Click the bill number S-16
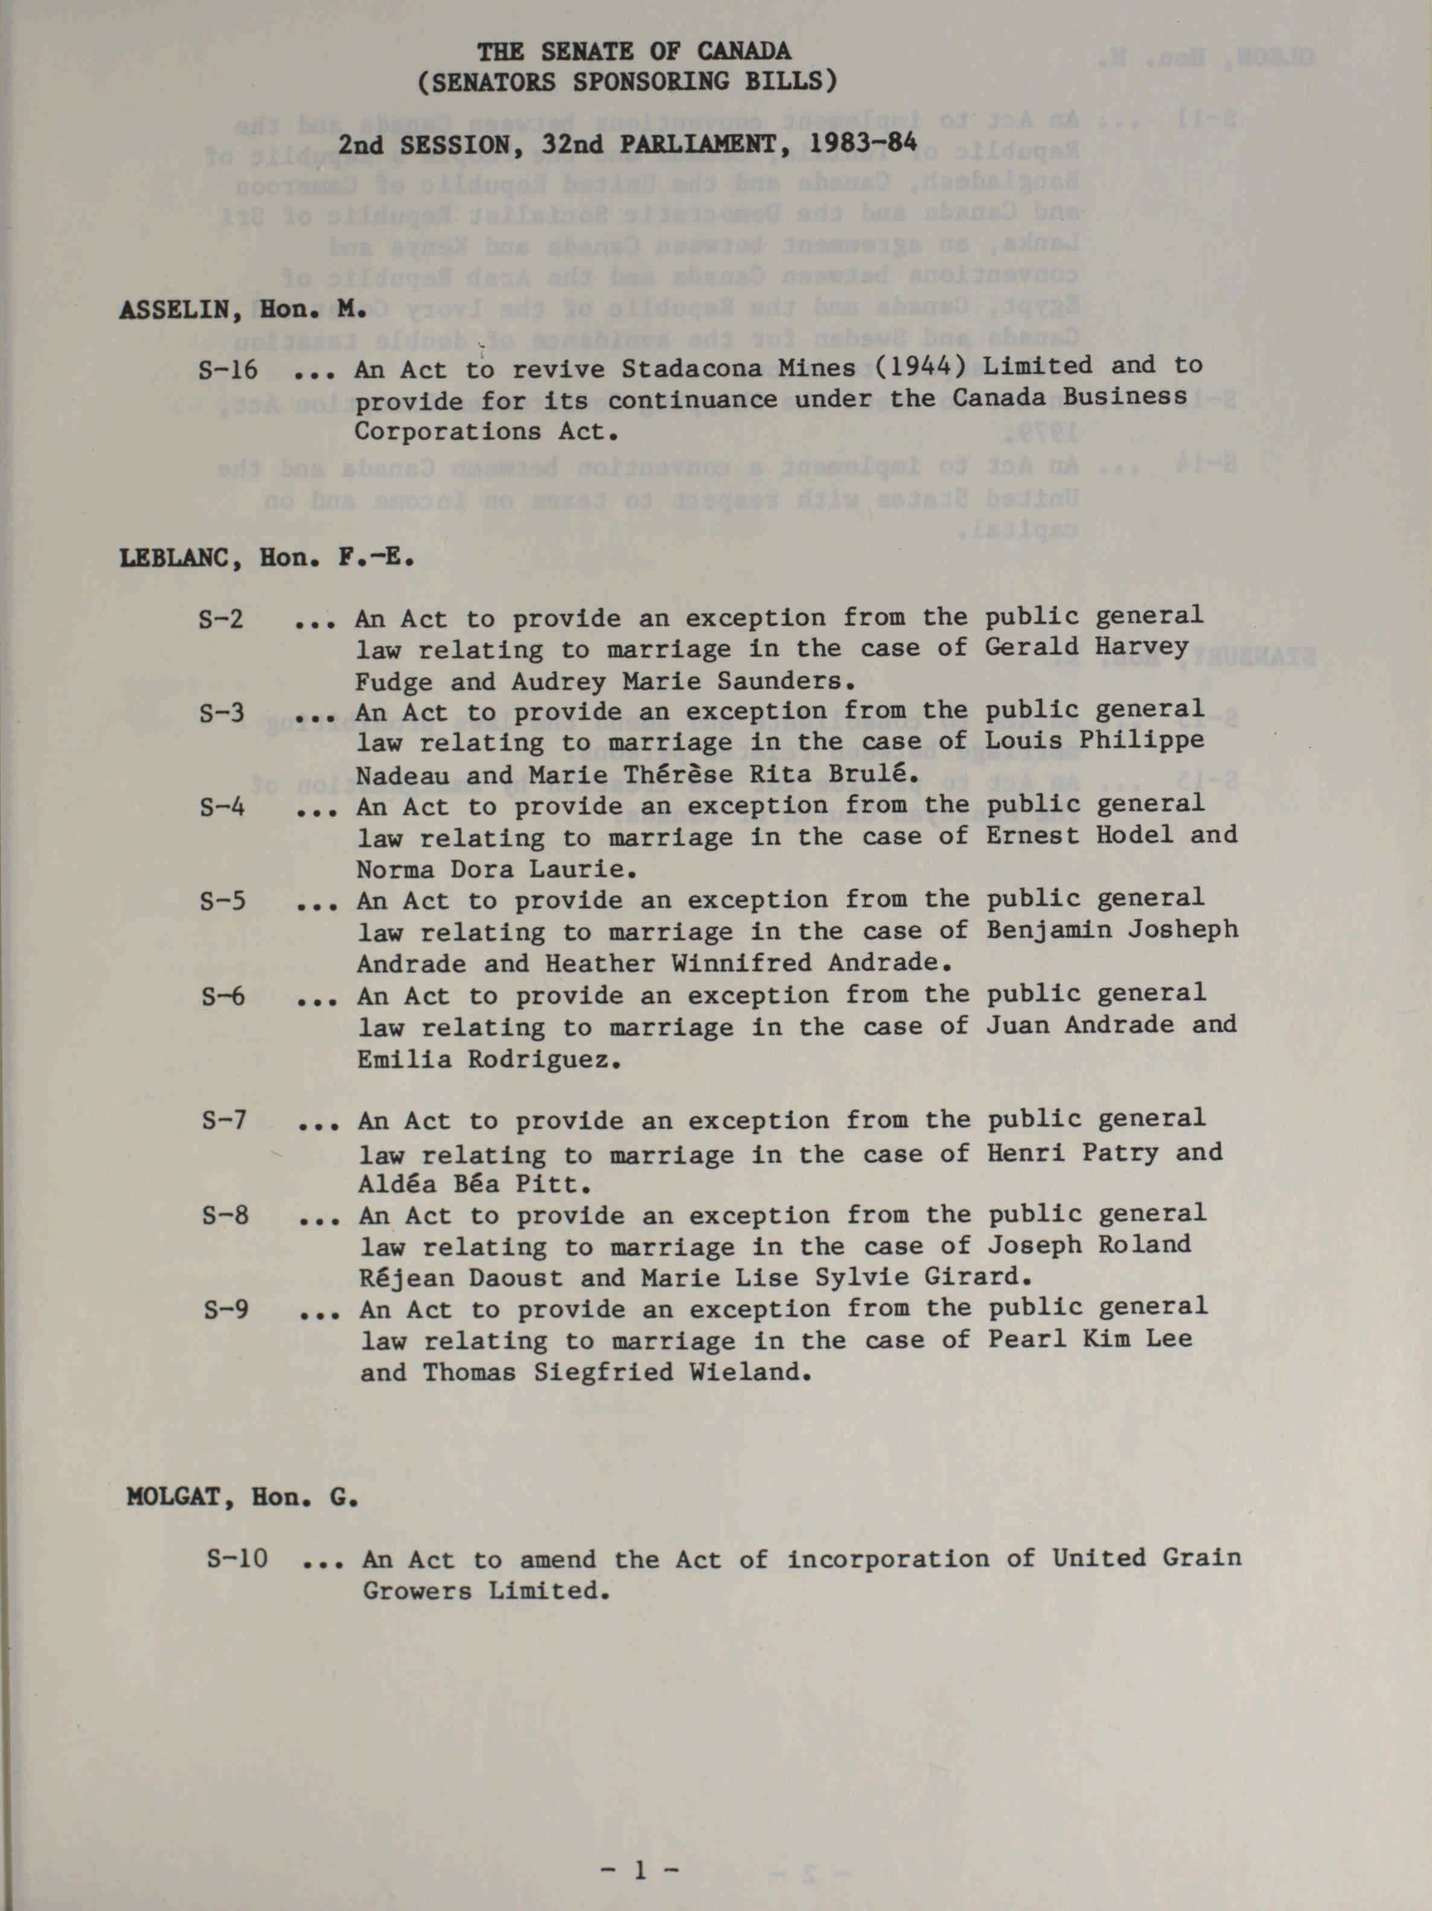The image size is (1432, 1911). pos(227,370)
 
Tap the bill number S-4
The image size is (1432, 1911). pos(222,807)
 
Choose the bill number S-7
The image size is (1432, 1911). pos(224,1121)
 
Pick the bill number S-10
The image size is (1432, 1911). pos(237,1559)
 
